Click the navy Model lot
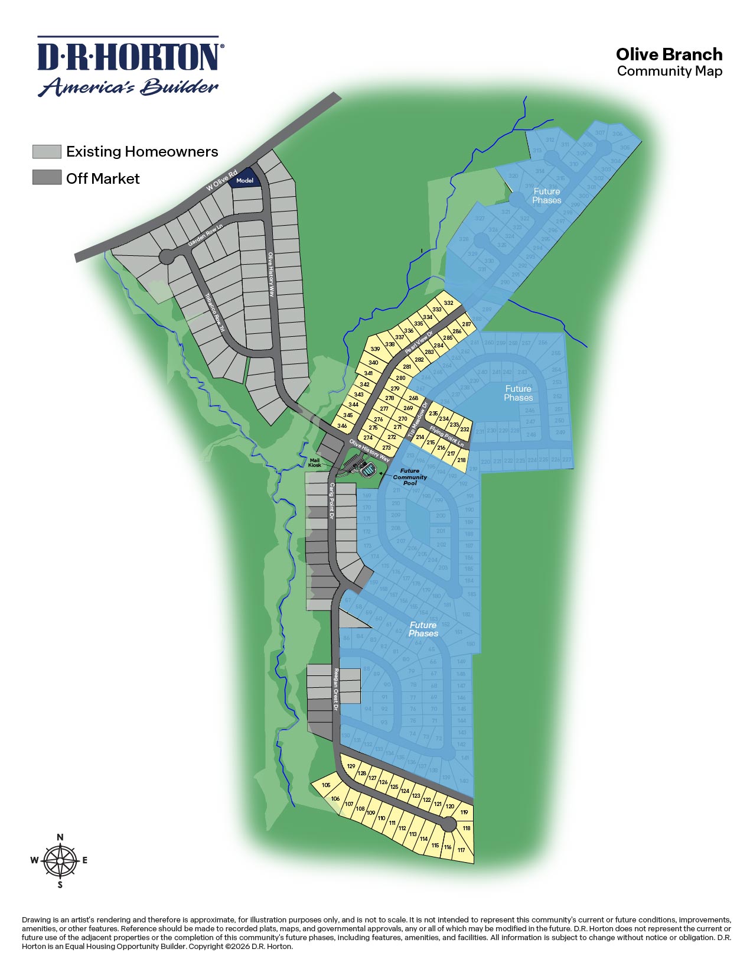(x=245, y=180)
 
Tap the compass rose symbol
(x=60, y=860)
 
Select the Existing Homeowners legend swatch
(x=47, y=151)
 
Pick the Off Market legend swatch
(x=47, y=177)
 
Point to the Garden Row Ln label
(x=204, y=235)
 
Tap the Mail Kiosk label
(x=315, y=462)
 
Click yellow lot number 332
(x=449, y=303)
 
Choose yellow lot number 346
(x=342, y=425)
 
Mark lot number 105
(x=326, y=785)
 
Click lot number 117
(x=461, y=850)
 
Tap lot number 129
(x=351, y=766)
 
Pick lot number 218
(x=461, y=460)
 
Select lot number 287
(x=467, y=324)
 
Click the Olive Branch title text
(x=669, y=54)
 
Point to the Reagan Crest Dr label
(x=335, y=689)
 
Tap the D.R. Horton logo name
(x=128, y=57)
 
